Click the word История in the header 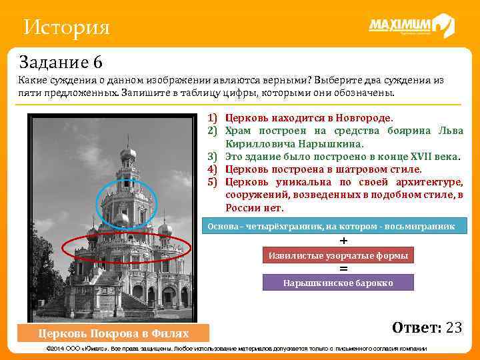[x=66, y=28]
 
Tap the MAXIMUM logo [x=411, y=26]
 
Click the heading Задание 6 [x=61, y=63]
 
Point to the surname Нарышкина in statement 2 [x=326, y=143]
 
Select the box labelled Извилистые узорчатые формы [x=338, y=255]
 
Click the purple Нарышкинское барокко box [x=338, y=283]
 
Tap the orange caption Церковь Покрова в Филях [x=113, y=333]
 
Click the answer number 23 [x=453, y=327]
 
